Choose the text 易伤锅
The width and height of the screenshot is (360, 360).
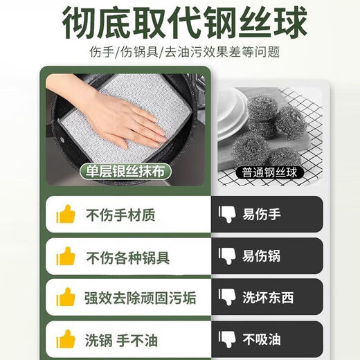pos(262,257)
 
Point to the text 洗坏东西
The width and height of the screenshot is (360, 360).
pos(268,298)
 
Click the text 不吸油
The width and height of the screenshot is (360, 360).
pos(262,341)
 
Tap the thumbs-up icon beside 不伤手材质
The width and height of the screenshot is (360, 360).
pos(66,215)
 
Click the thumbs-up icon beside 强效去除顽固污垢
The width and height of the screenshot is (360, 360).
pos(66,298)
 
